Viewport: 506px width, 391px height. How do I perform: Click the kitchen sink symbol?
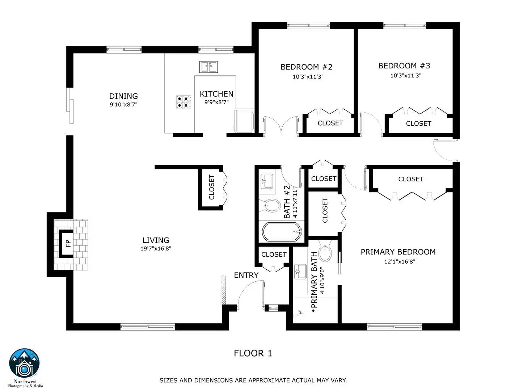(208, 67)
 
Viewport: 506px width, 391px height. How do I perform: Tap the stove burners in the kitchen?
(184, 102)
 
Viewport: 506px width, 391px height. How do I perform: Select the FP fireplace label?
(68, 243)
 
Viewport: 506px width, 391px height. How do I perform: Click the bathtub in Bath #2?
(282, 232)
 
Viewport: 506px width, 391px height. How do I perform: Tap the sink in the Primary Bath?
(300, 271)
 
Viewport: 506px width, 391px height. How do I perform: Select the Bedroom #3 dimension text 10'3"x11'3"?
(405, 76)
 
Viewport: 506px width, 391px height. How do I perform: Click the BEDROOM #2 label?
(306, 67)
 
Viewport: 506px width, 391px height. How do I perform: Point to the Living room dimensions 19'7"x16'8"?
(156, 248)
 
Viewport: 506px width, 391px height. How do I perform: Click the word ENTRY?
(246, 275)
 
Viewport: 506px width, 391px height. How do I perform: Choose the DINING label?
(123, 96)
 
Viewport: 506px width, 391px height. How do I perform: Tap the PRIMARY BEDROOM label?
(398, 252)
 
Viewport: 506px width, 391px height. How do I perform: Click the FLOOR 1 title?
(253, 353)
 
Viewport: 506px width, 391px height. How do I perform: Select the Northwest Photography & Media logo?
(25, 366)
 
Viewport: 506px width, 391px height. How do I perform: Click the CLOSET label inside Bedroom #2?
(330, 123)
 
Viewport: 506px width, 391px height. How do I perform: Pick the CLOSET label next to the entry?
(274, 255)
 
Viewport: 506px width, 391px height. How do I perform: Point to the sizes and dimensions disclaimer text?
(253, 380)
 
